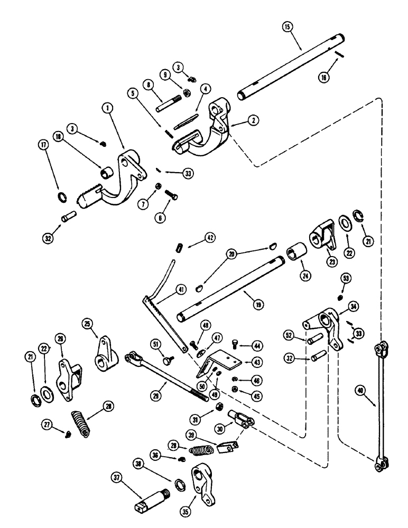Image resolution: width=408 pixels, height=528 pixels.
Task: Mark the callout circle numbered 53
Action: [345, 277]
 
